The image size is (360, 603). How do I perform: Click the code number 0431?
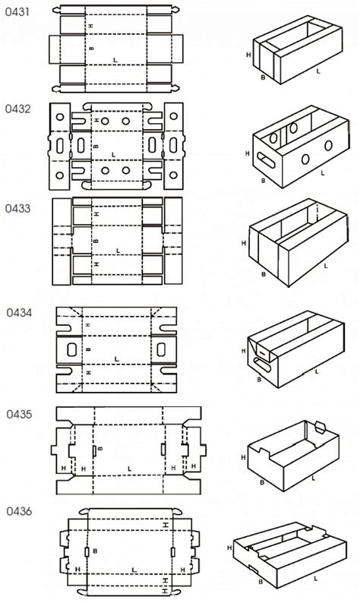point(17,12)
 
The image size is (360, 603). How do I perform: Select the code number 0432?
point(17,109)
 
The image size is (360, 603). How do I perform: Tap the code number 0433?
point(17,208)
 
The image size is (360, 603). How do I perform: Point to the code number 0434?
point(19,312)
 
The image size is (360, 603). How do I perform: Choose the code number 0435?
point(19,414)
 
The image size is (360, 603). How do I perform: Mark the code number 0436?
point(19,511)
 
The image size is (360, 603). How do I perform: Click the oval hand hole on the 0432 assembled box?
point(266,160)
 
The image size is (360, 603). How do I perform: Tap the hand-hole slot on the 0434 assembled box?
point(262,365)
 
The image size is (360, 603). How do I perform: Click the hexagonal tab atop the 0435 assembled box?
point(320,428)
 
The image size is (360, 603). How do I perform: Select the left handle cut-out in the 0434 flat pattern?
point(72,349)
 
